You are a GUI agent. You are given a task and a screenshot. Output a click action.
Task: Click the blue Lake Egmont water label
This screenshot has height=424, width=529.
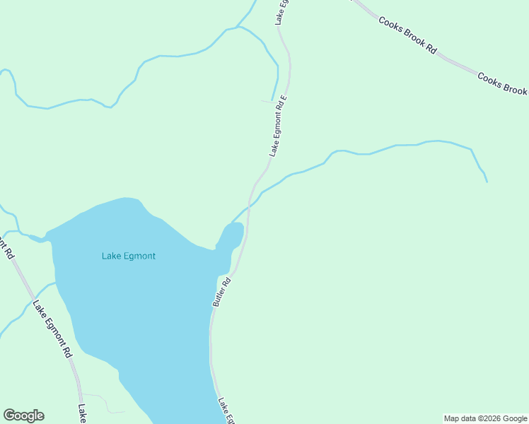coord(129,256)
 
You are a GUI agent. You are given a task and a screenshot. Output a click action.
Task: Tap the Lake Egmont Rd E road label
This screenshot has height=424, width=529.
coord(277,126)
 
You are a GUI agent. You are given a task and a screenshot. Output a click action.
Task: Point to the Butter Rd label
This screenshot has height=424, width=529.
coord(222,291)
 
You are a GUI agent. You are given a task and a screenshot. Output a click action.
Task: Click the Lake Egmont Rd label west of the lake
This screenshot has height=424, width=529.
coord(52,328)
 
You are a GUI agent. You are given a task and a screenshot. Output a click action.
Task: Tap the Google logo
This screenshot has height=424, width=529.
coord(23,416)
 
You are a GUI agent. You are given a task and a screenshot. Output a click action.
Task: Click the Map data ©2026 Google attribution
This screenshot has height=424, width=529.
coord(485,418)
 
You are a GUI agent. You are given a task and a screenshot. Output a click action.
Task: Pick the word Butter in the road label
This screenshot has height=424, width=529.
coord(219,296)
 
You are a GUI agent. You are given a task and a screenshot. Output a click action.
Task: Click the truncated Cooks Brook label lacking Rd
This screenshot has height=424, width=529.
coord(503,83)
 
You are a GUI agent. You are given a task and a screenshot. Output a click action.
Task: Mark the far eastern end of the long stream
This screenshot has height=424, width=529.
coord(487,181)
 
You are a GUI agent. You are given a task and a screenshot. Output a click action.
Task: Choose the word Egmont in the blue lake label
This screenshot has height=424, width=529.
coord(139,256)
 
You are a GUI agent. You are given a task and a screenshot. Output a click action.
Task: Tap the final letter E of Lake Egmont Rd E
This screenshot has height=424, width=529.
coord(284,98)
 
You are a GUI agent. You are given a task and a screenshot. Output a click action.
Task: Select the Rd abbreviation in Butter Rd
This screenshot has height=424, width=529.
coord(227,281)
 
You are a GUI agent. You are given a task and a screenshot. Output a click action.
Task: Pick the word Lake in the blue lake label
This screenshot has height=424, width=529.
coord(111,256)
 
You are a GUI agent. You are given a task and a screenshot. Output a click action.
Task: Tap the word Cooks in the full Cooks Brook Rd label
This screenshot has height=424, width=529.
coord(390,25)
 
